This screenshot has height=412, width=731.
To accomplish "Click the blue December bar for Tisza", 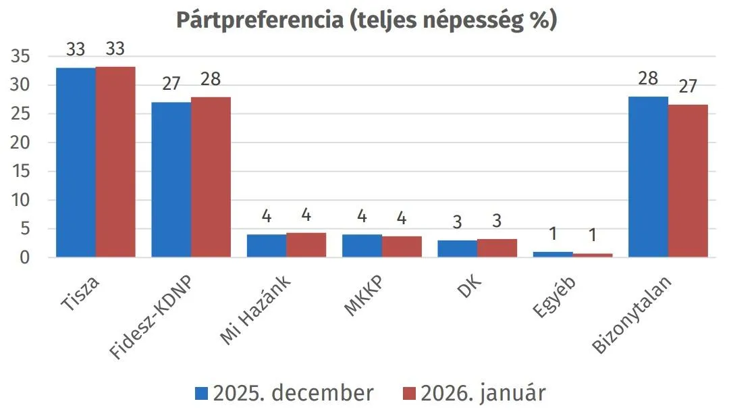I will click(x=76, y=162).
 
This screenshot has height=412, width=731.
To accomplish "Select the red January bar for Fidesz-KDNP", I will click(x=211, y=177).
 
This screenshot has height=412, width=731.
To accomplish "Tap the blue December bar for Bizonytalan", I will click(x=648, y=177).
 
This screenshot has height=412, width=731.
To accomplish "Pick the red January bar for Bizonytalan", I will click(x=688, y=181).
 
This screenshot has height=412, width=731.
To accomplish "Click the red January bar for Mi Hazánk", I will click(x=306, y=245).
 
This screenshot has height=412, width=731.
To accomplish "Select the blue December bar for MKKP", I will click(x=362, y=246).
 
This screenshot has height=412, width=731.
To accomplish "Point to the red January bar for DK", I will click(x=497, y=248).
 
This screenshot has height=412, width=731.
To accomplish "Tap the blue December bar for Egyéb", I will click(x=553, y=255).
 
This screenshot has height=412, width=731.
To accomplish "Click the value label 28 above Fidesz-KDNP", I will click(x=211, y=80).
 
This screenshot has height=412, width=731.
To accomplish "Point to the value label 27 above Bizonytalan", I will click(x=688, y=87).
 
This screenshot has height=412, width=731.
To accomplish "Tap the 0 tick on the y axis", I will click(x=25, y=257).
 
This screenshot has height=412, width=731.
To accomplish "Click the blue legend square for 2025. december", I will click(x=202, y=393).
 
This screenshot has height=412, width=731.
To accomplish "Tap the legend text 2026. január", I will click(x=482, y=393).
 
